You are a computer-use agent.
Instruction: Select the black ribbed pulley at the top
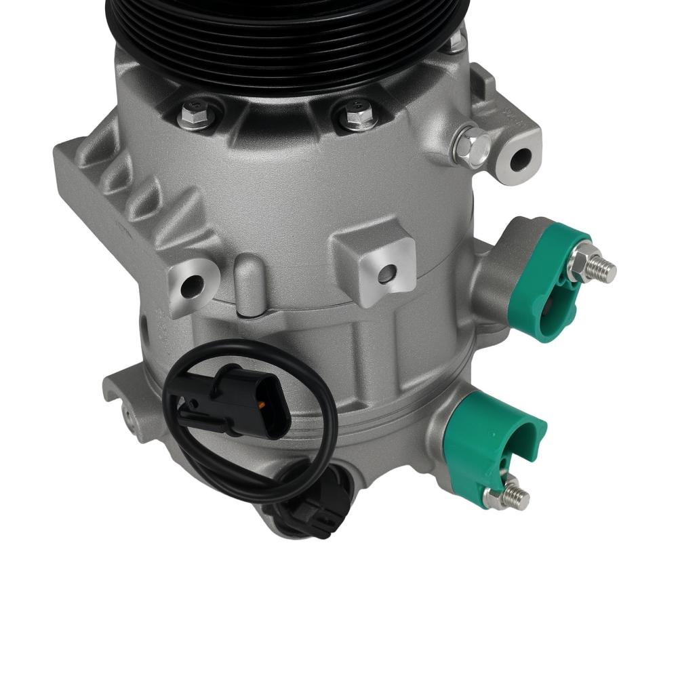(285, 41)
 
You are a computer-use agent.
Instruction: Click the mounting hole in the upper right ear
(521, 159)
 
